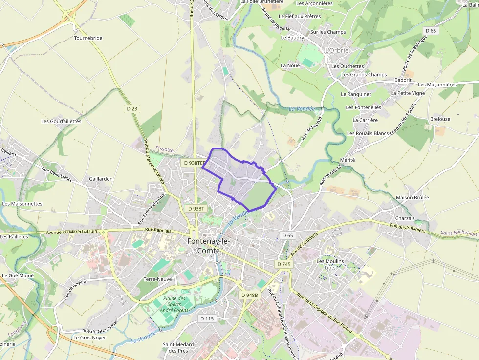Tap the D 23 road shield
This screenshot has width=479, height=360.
coord(132,109)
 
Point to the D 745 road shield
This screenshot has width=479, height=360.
coord(283,264)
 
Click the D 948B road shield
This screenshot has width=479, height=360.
coord(249,295)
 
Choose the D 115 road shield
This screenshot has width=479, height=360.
coord(207,318)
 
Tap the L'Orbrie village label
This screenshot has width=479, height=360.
coord(337,50)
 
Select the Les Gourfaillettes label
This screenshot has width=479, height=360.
coord(61,121)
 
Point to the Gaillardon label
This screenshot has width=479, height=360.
coord(101,179)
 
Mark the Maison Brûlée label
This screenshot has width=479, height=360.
coord(412,197)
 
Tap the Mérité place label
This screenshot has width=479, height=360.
coord(347,160)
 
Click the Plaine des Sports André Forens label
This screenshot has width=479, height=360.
coord(174,304)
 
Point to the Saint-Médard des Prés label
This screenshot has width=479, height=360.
coord(178,347)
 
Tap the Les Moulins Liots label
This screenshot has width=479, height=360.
coord(330,264)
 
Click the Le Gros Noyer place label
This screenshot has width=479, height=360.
coord(89,337)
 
